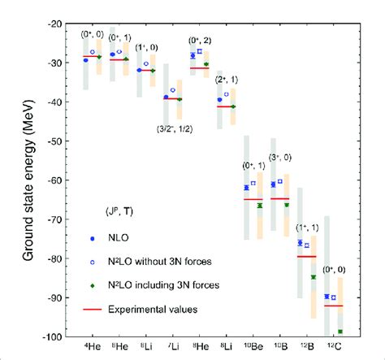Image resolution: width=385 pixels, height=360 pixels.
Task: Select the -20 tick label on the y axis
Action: click(x=59, y=24)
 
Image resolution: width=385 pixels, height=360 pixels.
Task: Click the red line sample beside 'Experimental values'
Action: click(x=97, y=309)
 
